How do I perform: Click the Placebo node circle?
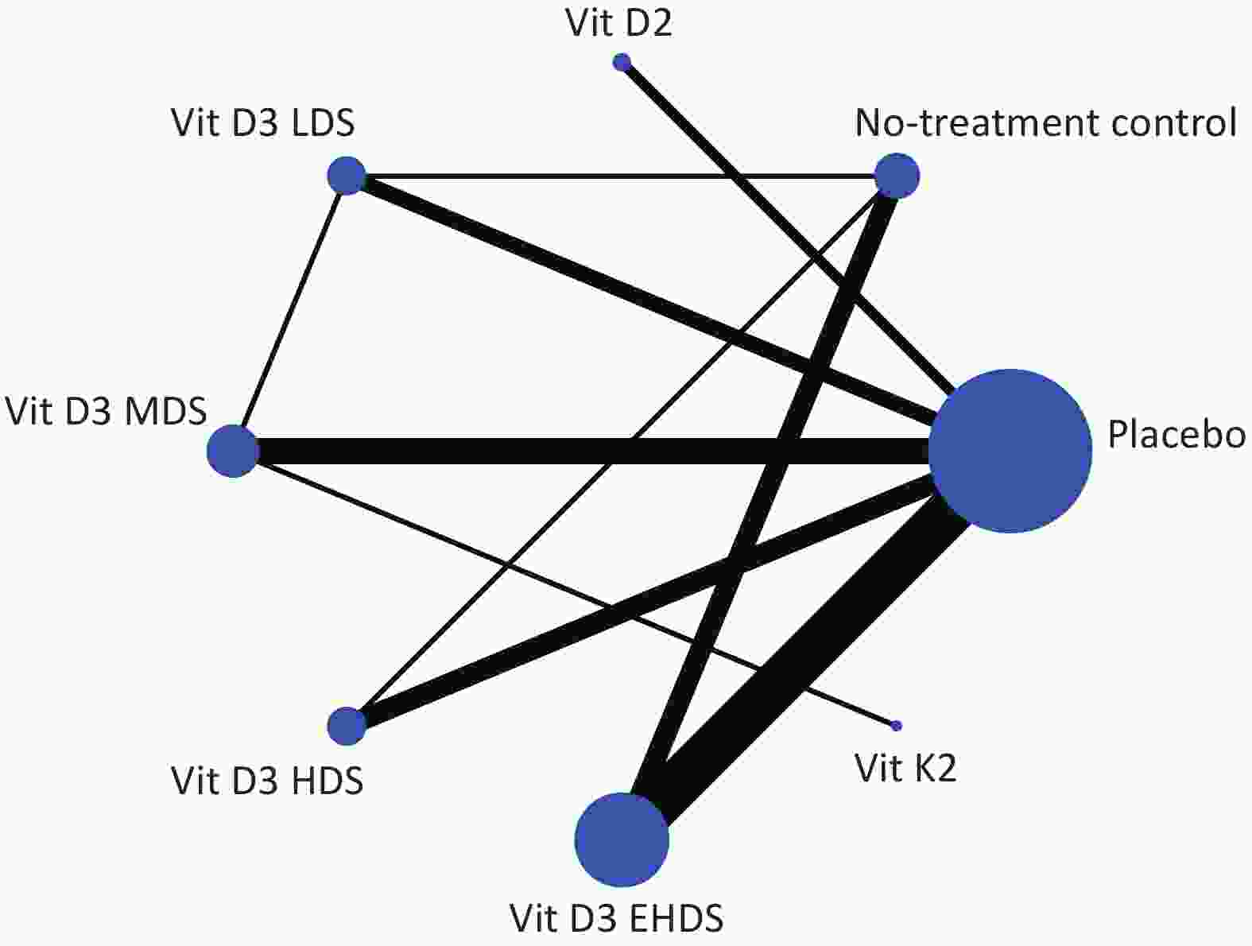(x=1010, y=451)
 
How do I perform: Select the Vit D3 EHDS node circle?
(x=622, y=839)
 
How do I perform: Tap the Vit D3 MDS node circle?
(x=233, y=451)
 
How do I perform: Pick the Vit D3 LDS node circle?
(x=347, y=176)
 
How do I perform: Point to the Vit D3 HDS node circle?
(x=347, y=726)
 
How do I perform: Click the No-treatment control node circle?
(x=897, y=176)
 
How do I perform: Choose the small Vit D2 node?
(x=622, y=61)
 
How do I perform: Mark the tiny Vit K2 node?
(x=896, y=725)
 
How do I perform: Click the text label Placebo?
(x=1176, y=435)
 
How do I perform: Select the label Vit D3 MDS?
(x=106, y=411)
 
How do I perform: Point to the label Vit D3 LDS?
(x=263, y=122)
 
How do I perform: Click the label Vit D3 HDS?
(x=267, y=780)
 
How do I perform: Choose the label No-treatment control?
(x=1045, y=122)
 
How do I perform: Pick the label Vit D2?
(x=619, y=23)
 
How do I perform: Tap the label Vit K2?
(x=905, y=768)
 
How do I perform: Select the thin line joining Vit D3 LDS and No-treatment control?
(x=621, y=176)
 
